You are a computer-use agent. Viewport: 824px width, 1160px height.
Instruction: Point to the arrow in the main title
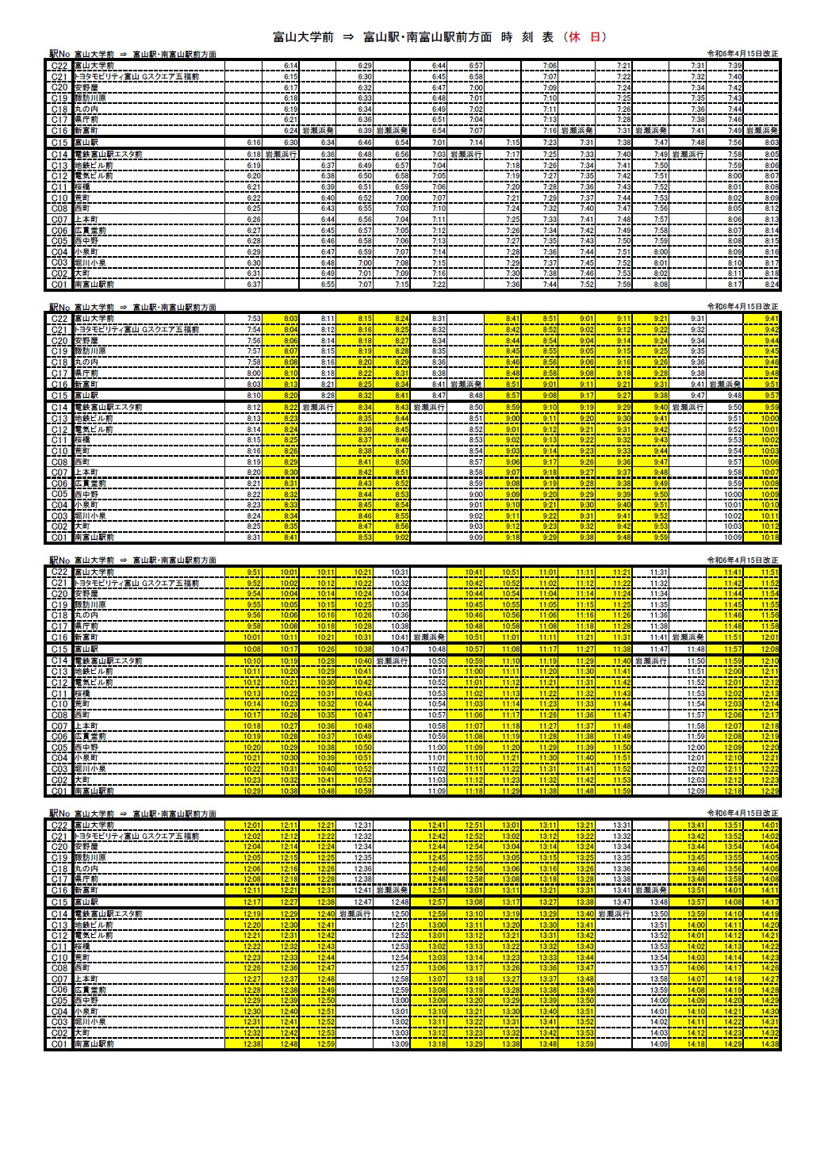347,37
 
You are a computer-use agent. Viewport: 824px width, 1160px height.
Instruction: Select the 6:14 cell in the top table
290,66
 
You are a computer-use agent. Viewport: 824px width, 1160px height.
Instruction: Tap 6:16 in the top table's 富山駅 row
254,143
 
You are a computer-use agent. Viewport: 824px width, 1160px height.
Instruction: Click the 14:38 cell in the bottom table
768,1044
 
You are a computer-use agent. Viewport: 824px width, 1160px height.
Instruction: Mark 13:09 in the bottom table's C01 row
400,1044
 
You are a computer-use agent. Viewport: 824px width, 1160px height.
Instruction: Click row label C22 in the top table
59,66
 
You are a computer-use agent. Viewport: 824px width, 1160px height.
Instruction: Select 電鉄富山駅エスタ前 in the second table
108,408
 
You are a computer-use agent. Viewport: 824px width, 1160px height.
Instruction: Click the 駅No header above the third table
58,561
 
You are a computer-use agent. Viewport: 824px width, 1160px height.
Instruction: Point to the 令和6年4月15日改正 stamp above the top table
743,54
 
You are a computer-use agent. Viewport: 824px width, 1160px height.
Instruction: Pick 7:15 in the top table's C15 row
512,143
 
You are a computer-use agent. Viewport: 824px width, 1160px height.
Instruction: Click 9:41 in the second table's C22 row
770,319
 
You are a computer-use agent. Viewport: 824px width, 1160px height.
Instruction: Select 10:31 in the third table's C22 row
400,572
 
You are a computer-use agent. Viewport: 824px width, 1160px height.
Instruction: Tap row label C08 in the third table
59,715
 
